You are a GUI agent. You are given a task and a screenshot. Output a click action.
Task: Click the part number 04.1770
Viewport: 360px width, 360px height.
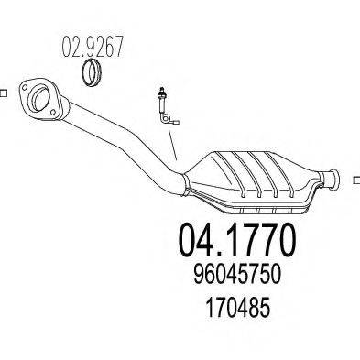tap(237, 240)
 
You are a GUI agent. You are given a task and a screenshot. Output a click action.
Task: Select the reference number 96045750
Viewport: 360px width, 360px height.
tap(237, 274)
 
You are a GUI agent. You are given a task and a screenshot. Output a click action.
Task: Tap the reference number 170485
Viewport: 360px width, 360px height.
tap(237, 307)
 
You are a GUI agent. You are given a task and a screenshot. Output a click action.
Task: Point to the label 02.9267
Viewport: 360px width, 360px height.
tap(93, 47)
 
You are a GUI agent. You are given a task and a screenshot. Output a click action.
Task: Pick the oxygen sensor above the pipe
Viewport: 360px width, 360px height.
tap(166, 106)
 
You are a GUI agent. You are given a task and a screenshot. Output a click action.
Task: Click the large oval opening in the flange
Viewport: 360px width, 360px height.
tap(40, 97)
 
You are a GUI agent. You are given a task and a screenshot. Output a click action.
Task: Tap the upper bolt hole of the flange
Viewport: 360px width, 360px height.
tap(24, 87)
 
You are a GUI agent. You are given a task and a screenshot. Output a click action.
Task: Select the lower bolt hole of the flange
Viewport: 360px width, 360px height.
tap(53, 112)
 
